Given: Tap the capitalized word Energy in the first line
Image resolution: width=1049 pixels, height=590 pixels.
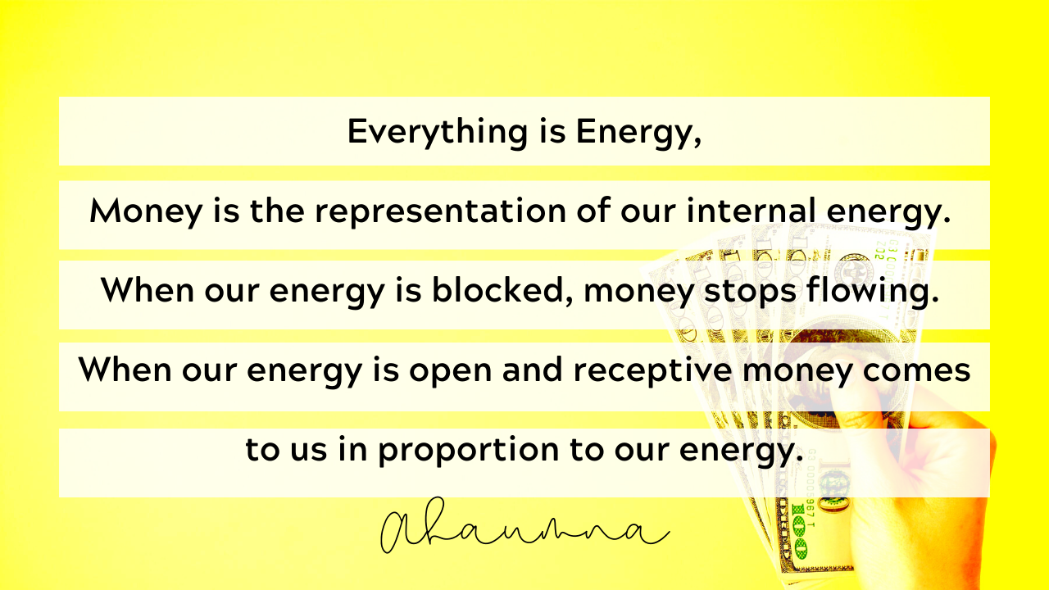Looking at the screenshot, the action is pyautogui.click(x=638, y=133).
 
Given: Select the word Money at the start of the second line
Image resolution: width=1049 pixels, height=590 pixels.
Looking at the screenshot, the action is pyautogui.click(x=146, y=212).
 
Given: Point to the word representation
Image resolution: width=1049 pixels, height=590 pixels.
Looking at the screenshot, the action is pyautogui.click(x=440, y=211).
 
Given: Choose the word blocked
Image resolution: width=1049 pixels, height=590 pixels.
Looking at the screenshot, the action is pyautogui.click(x=502, y=290).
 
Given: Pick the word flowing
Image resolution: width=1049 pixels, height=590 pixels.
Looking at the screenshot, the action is pyautogui.click(x=873, y=291).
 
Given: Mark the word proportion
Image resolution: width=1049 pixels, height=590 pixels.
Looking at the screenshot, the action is pyautogui.click(x=469, y=451).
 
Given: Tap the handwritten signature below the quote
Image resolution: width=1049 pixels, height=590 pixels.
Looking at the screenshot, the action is pyautogui.click(x=524, y=526).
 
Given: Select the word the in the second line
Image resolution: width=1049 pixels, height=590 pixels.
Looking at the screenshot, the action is pyautogui.click(x=277, y=211).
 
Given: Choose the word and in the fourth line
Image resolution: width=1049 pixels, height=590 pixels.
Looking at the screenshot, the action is pyautogui.click(x=533, y=369).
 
